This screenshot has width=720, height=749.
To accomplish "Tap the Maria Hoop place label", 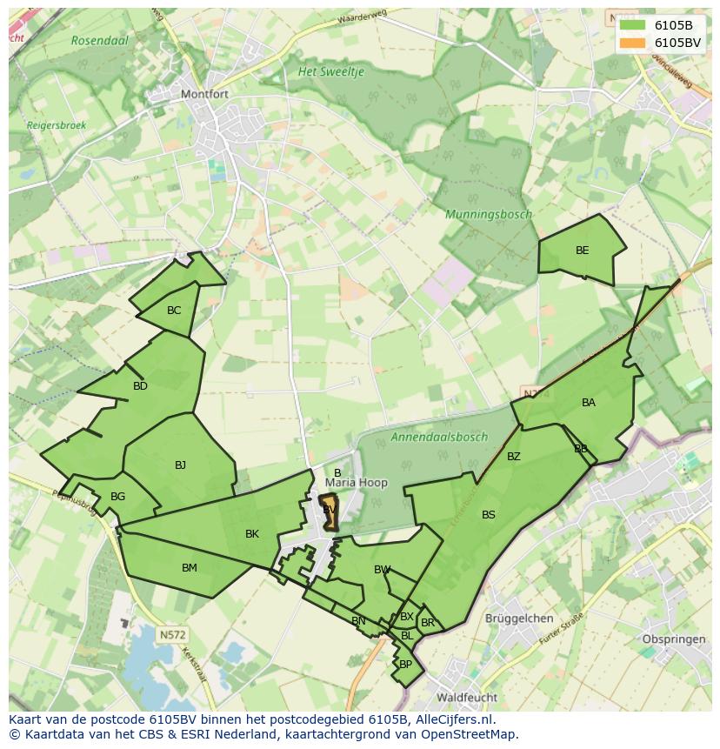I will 357,483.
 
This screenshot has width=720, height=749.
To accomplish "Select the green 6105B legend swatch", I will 632,24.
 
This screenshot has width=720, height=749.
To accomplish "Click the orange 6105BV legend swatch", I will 632,42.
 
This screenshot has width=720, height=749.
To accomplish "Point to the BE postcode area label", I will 582,251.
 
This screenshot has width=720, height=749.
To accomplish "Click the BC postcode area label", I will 174,311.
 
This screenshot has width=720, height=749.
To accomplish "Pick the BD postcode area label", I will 140,386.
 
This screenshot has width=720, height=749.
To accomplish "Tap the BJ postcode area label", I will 180,465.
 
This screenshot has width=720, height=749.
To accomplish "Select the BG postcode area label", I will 118,497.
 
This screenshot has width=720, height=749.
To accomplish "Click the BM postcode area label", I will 189,568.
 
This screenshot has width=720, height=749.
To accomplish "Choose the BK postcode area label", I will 251,534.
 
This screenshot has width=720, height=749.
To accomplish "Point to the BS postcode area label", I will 488,515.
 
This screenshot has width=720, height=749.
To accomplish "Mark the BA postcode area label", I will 589,403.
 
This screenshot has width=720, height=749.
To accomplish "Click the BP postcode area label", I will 405,665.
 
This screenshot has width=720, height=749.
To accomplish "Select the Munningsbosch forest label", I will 488,214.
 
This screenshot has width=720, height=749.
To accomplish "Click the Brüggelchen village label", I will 519,619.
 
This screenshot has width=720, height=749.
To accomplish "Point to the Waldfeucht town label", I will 467,698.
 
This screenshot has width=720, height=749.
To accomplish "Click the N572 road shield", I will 172,635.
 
